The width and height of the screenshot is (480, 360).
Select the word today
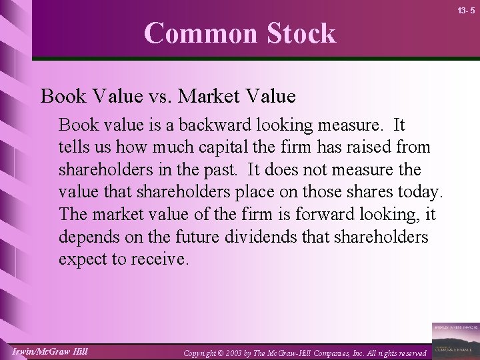(x=419, y=192)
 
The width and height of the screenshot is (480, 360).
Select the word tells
(x=73, y=147)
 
